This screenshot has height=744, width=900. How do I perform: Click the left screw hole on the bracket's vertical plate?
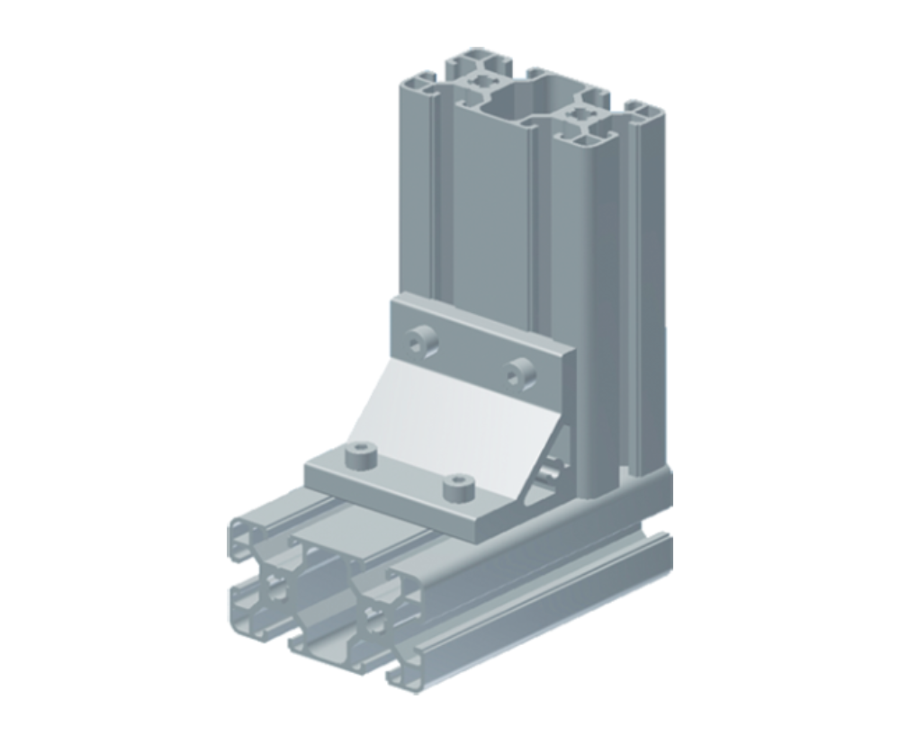tap(417, 342)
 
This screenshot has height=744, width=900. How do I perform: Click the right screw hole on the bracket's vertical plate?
tap(518, 369)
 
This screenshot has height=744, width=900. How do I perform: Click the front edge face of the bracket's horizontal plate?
tap(396, 504)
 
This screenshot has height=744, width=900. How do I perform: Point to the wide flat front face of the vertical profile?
tap(490, 207)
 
